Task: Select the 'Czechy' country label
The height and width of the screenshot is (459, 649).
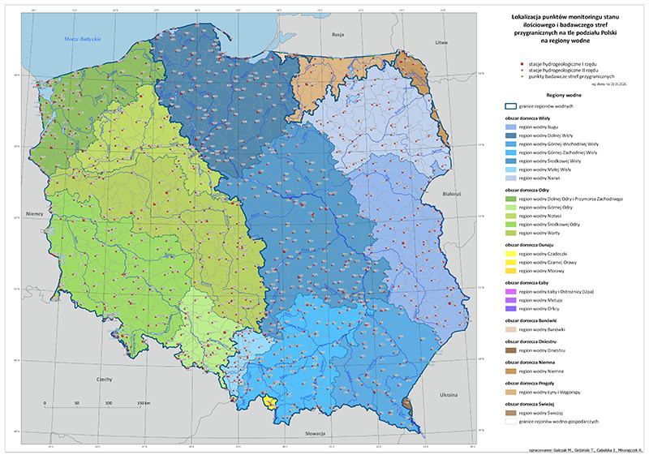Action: (104, 379)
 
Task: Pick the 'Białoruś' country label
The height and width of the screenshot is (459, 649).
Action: (452, 195)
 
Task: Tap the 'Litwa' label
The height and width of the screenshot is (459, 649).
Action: (441, 41)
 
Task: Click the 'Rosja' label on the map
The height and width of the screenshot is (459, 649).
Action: (338, 36)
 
